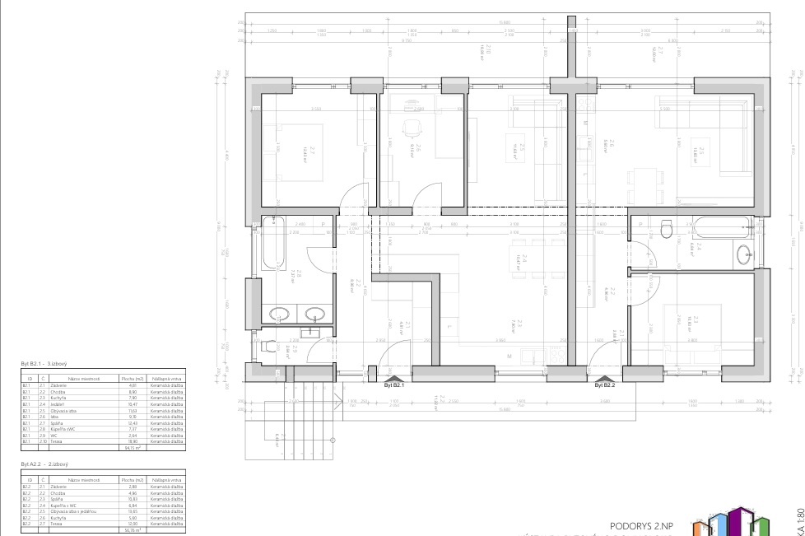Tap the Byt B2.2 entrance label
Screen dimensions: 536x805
(604, 384)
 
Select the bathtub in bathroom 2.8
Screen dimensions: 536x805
(274, 244)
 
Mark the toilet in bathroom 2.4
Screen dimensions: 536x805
(668, 230)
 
